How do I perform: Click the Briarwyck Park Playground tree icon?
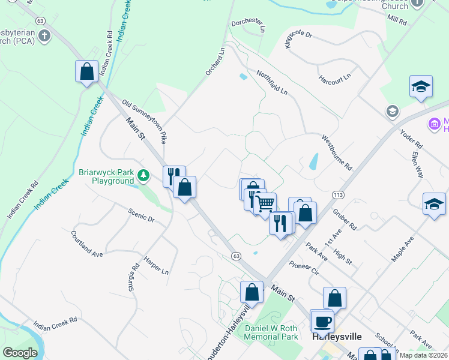(x=143, y=176)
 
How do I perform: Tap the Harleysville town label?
(x=337, y=337)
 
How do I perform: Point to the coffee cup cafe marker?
(x=322, y=321)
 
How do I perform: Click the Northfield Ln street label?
(x=272, y=83)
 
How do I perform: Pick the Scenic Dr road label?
(x=142, y=215)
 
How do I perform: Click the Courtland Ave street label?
(x=87, y=244)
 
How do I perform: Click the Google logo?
(x=20, y=353)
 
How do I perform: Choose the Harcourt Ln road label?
(x=334, y=79)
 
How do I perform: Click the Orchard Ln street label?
(x=214, y=61)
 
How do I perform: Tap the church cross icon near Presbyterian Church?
(x=44, y=36)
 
